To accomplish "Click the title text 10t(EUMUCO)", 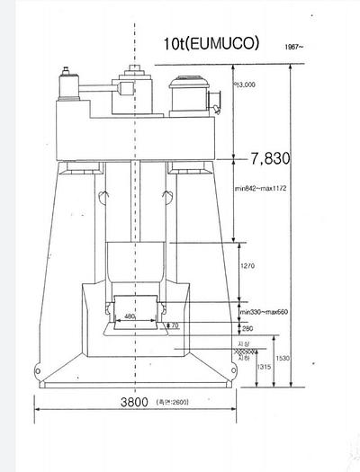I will [x=211, y=42].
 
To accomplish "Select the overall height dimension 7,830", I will [x=270, y=159].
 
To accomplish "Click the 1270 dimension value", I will [x=251, y=267].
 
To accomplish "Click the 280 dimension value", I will [x=247, y=329].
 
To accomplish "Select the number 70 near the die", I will [x=175, y=325].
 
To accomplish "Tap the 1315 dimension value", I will [x=265, y=368].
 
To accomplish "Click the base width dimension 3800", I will [x=132, y=404].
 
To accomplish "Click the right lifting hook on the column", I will [x=166, y=195].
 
